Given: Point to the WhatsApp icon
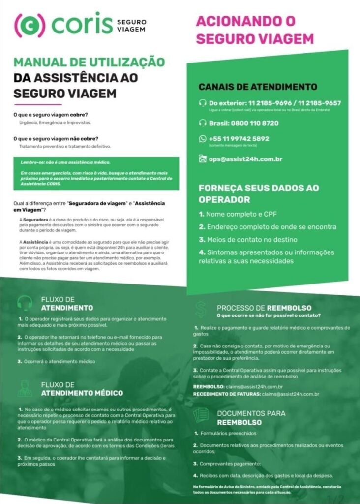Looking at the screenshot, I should click(202, 139).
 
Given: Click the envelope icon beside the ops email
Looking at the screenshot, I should click(202, 159).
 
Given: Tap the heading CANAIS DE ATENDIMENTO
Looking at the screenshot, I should click(258, 87).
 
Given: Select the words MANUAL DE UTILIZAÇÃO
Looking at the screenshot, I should click(89, 63).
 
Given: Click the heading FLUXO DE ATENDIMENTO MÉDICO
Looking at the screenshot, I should click(82, 389).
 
